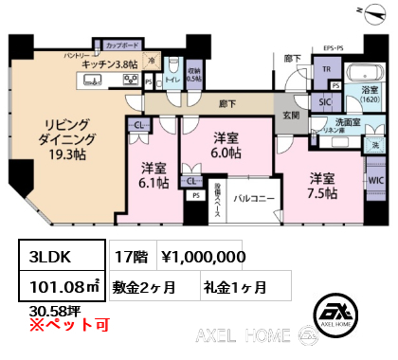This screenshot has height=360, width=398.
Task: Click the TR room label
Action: click(324, 68)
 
